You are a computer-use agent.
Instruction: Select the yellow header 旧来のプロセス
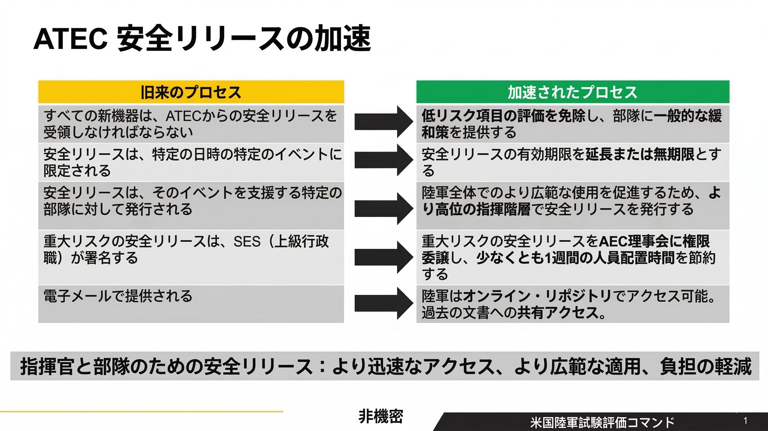pyautogui.click(x=191, y=92)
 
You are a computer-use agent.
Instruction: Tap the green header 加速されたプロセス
pyautogui.click(x=572, y=92)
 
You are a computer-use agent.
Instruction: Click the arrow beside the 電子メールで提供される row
pyautogui.click(x=383, y=304)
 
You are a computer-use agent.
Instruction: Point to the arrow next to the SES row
pyautogui.click(x=383, y=257)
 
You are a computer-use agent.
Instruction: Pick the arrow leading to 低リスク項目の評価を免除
pyautogui.click(x=383, y=121)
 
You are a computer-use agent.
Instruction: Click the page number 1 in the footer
pyautogui.click(x=745, y=421)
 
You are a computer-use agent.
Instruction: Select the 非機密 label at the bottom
pyautogui.click(x=381, y=416)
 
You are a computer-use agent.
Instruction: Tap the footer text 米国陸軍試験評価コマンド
pyautogui.click(x=602, y=422)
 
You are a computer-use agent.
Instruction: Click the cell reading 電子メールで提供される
pyautogui.click(x=118, y=296)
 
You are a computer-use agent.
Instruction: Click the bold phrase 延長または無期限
pyautogui.click(x=640, y=155)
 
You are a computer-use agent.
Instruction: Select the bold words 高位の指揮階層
pyautogui.click(x=483, y=209)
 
